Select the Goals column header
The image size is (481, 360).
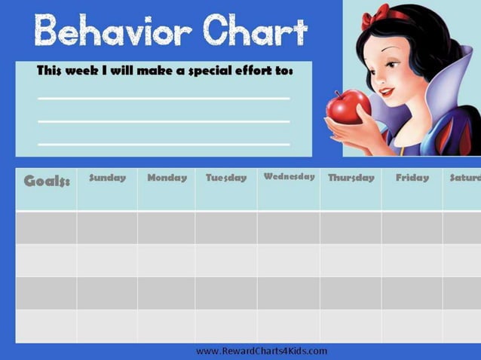[47, 182]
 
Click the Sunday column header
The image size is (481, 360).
[107, 178]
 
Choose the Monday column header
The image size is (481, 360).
[167, 178]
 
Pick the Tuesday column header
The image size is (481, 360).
[226, 178]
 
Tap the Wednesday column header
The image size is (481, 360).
[289, 177]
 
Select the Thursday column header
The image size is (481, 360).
[351, 178]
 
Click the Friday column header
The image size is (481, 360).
[412, 178]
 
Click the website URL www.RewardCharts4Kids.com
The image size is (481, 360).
[261, 351]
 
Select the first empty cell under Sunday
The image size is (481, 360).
[107, 227]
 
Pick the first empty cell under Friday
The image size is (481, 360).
[412, 227]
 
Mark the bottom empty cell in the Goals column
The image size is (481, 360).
[46, 326]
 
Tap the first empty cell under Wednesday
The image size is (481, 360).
[289, 227]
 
